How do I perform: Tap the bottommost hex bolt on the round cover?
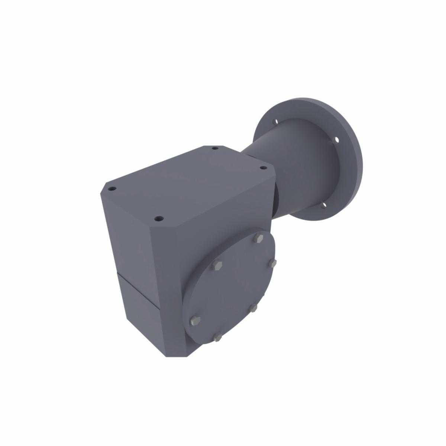[x=217, y=337]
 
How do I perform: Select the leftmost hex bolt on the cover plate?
[x=195, y=320]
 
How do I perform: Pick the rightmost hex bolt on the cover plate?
[x=272, y=263]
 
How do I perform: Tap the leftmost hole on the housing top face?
[x=111, y=189]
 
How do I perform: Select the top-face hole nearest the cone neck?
[x=262, y=168]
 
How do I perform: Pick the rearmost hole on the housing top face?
[x=214, y=149]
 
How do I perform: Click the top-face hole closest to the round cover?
[x=159, y=219]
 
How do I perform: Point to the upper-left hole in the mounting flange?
[x=275, y=121]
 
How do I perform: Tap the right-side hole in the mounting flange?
[x=336, y=140]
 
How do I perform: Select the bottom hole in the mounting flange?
[x=323, y=205]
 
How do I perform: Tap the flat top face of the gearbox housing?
[x=186, y=182]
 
